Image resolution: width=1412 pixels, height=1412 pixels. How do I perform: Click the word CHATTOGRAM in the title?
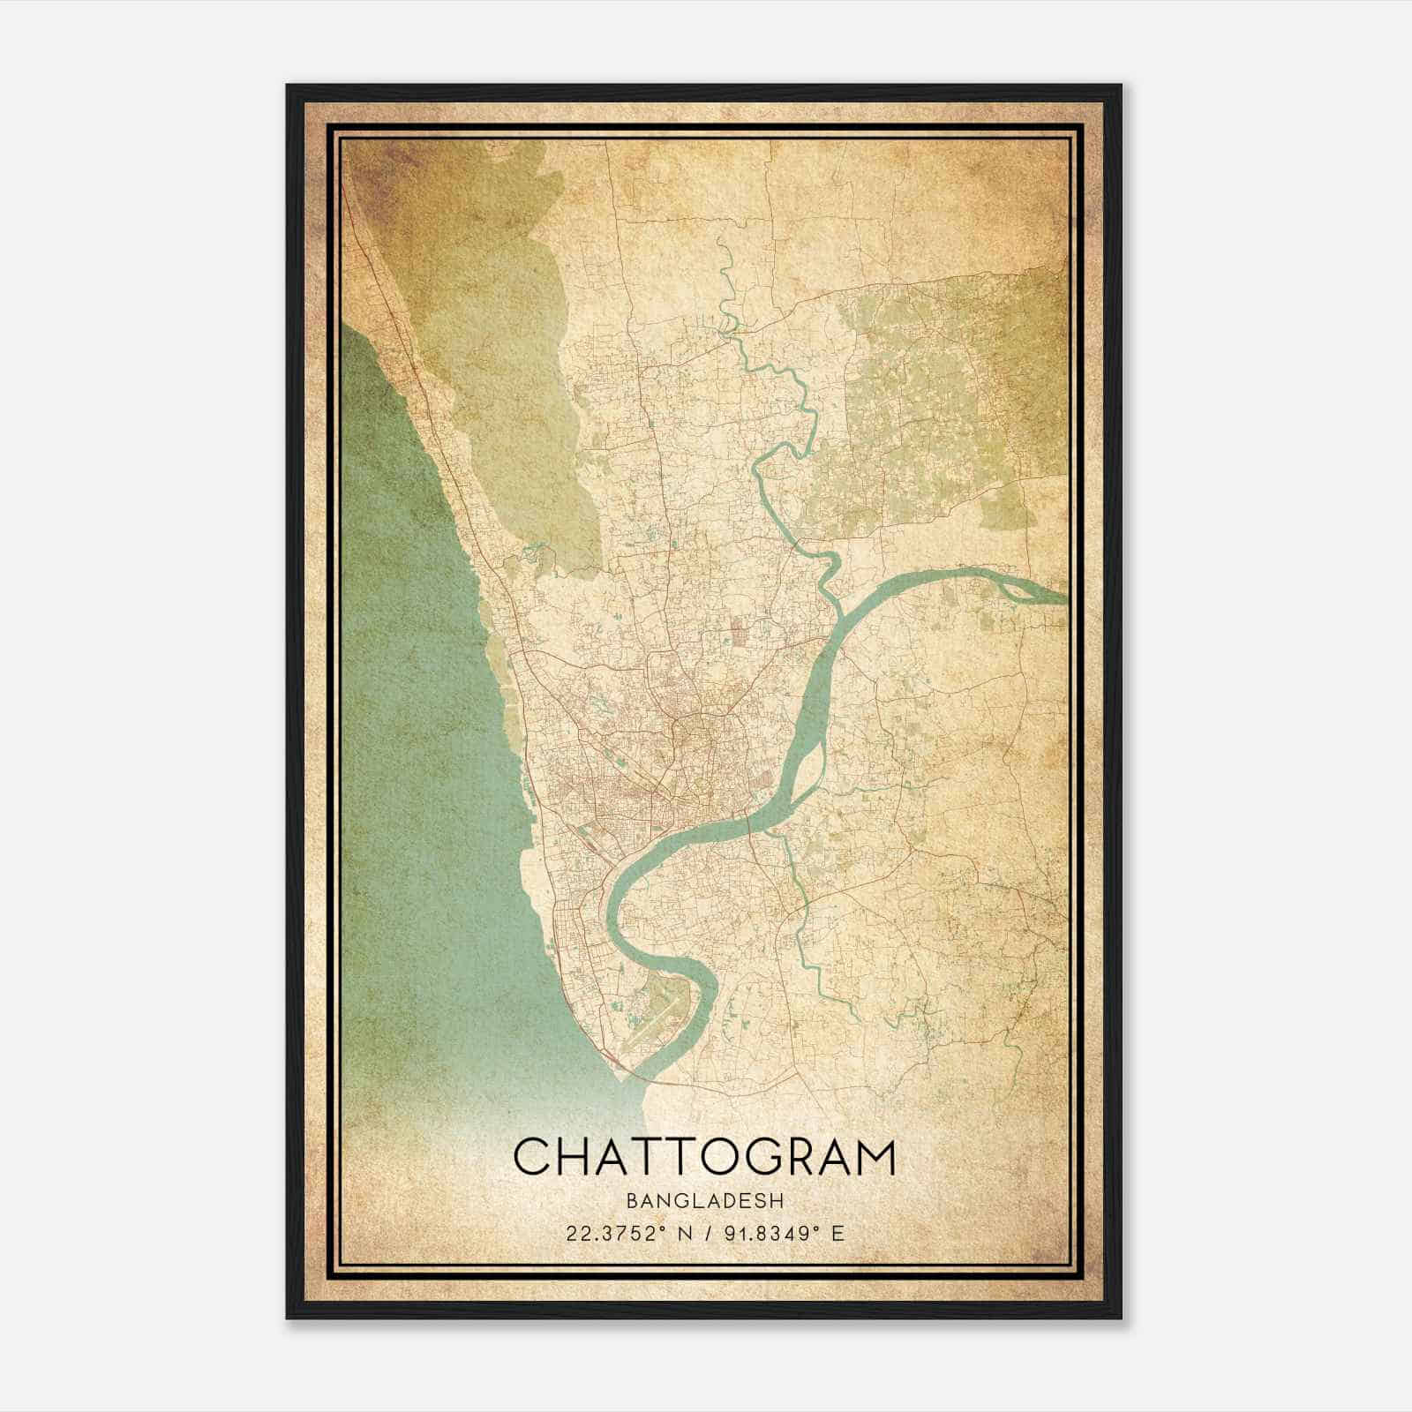point(704,1156)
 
